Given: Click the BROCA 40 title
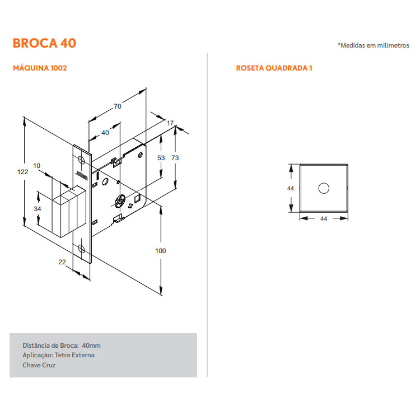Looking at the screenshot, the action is (44, 43).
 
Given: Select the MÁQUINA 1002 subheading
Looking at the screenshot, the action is (40, 68).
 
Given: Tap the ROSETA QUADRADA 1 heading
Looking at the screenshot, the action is (274, 68).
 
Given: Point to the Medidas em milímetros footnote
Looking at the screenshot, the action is (374, 45).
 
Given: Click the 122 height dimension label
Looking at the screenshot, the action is (23, 172).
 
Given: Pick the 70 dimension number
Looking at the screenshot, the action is (118, 106).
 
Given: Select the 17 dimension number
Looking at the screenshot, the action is (170, 123).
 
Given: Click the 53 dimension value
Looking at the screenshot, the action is (161, 158).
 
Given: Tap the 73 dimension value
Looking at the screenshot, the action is (175, 158).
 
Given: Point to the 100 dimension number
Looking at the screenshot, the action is (161, 251).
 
